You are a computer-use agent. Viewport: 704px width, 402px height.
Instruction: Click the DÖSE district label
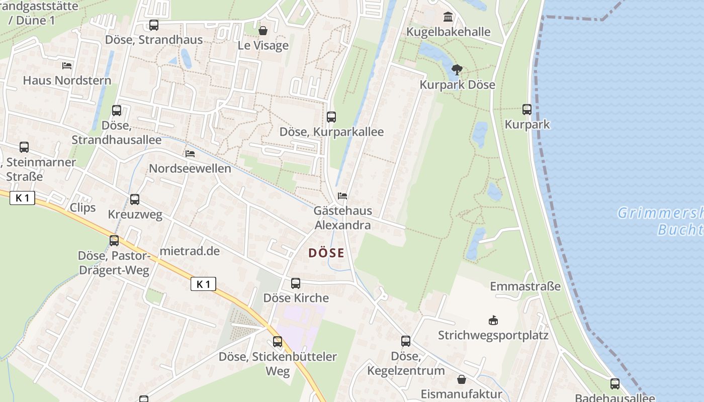[x=326, y=253]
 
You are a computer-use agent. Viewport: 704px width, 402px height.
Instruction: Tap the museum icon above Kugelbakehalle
[x=448, y=17]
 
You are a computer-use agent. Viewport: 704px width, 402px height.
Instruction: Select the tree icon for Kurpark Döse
[x=457, y=69]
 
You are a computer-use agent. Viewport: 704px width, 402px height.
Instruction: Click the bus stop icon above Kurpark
[x=527, y=109]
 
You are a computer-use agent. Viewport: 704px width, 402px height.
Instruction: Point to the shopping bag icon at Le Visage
[x=262, y=31]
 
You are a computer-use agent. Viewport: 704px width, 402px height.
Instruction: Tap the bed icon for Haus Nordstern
[x=67, y=65]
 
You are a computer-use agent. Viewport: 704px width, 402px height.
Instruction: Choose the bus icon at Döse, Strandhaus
[x=154, y=25]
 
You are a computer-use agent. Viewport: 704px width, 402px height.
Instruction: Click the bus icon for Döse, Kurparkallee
[x=331, y=117]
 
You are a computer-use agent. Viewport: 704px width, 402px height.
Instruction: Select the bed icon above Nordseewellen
[x=190, y=153]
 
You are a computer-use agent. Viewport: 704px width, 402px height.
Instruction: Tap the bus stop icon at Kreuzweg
[x=135, y=199]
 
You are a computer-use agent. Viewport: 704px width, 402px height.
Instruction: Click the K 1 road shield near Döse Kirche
[x=203, y=284]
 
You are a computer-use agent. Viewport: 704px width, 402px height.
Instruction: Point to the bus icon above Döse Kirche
[x=296, y=283]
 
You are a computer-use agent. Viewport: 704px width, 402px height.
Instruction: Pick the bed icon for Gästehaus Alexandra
[x=342, y=195]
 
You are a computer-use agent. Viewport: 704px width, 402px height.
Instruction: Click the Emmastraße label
[x=525, y=286]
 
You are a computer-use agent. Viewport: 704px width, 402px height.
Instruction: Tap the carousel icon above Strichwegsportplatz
[x=493, y=320]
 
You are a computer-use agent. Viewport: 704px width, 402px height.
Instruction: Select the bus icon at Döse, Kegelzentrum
[x=406, y=341]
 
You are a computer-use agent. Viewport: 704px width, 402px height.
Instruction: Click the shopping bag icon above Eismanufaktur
[x=461, y=379]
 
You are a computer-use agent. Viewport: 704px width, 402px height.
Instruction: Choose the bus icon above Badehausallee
[x=614, y=383]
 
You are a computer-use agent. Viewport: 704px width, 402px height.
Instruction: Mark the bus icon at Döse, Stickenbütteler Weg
[x=278, y=342]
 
